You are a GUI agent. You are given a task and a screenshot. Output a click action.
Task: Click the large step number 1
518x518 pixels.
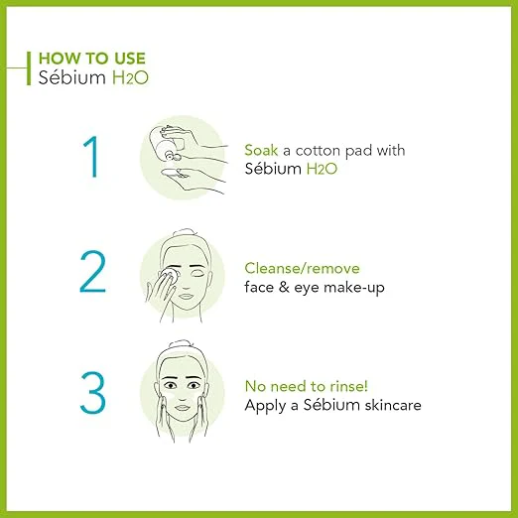(90, 157)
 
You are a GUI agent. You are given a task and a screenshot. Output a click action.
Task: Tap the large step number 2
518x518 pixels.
(93, 272)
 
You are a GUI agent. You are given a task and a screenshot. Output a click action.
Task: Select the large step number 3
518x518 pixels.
(93, 392)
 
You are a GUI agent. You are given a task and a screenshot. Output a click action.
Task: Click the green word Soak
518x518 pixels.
(261, 151)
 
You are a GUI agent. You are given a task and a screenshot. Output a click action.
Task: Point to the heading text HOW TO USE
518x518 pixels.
(92, 59)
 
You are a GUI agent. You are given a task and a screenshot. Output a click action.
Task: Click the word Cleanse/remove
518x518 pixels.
(302, 268)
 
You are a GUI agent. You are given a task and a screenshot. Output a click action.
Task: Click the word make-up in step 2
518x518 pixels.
(354, 288)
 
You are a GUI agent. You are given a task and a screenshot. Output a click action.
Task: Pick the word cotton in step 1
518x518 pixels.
(318, 151)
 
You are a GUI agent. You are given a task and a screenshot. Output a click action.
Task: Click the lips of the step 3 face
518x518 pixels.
(181, 408)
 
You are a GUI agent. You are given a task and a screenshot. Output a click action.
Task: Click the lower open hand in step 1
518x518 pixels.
(192, 181)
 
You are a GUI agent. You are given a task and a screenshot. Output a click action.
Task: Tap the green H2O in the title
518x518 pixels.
(130, 78)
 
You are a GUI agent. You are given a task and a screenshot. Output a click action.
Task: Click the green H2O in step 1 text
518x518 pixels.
(322, 169)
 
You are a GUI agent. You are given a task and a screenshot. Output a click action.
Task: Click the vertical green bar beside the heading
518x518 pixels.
(29, 68)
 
